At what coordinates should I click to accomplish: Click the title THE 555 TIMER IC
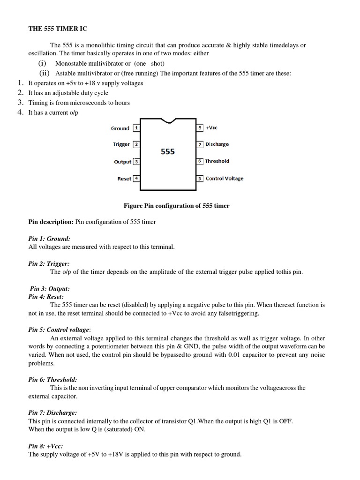tap(58, 29)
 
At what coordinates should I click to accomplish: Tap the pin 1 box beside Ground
tap(136, 127)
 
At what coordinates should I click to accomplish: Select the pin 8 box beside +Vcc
tap(200, 127)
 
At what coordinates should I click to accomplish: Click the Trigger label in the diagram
tap(121, 144)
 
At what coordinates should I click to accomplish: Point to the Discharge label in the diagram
tap(217, 144)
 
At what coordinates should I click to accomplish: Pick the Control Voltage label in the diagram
tap(225, 178)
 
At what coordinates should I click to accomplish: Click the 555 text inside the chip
tap(168, 152)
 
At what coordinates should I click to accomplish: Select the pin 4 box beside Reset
tap(136, 178)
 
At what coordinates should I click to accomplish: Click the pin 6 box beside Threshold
tap(200, 161)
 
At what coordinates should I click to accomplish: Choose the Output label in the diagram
tap(122, 162)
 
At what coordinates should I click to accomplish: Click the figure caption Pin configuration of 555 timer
tap(176, 206)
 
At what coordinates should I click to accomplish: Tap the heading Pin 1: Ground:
tap(49, 239)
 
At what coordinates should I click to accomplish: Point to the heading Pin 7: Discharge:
tap(52, 412)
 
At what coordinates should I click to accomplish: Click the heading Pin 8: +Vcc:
tap(45, 446)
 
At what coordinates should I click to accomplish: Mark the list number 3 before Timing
tap(20, 102)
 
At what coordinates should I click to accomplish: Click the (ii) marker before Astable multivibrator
tap(45, 73)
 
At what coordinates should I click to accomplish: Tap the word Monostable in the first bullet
tap(71, 63)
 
